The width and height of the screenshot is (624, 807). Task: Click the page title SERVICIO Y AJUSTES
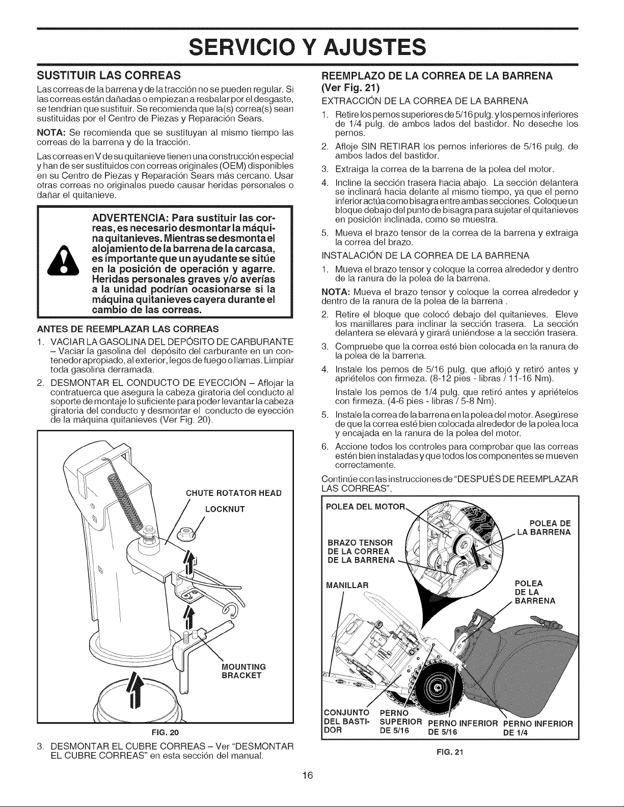tap(307, 48)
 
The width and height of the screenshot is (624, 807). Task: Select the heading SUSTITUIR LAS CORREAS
tap(109, 76)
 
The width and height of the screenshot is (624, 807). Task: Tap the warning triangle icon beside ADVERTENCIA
tap(63, 260)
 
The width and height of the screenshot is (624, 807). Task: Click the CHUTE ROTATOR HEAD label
tap(234, 493)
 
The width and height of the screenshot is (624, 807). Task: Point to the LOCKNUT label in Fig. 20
tap(225, 509)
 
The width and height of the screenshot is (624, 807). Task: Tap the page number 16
tap(308, 775)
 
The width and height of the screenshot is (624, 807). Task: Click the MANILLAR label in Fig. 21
tap(347, 586)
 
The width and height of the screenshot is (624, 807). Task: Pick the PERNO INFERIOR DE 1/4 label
tap(538, 728)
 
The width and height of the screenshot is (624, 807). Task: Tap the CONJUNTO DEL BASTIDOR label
tap(347, 721)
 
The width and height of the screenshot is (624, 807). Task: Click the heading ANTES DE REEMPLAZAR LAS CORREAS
tap(128, 329)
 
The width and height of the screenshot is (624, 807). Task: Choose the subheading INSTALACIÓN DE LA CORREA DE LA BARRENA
tap(425, 256)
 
